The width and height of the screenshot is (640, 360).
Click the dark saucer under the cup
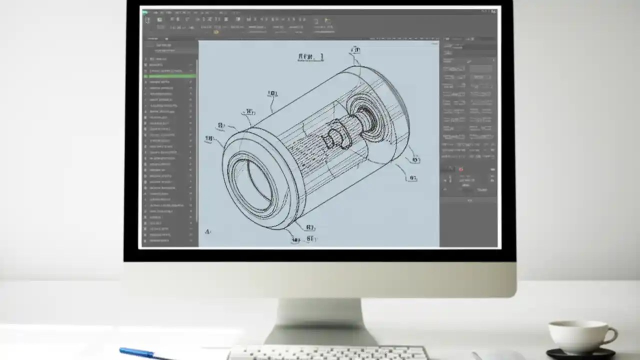[580, 353]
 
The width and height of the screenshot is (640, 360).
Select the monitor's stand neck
[319, 320]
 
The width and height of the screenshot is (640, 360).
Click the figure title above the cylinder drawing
[310, 57]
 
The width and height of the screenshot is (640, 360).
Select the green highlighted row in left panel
[170, 76]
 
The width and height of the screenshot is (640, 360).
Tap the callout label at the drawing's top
[355, 49]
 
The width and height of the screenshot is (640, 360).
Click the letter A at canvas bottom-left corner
[207, 231]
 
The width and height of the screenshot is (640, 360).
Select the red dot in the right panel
[460, 169]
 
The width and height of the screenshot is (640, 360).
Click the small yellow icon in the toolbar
[216, 32]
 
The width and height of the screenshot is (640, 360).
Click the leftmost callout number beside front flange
[209, 139]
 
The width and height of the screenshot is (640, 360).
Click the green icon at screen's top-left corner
[146, 12]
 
